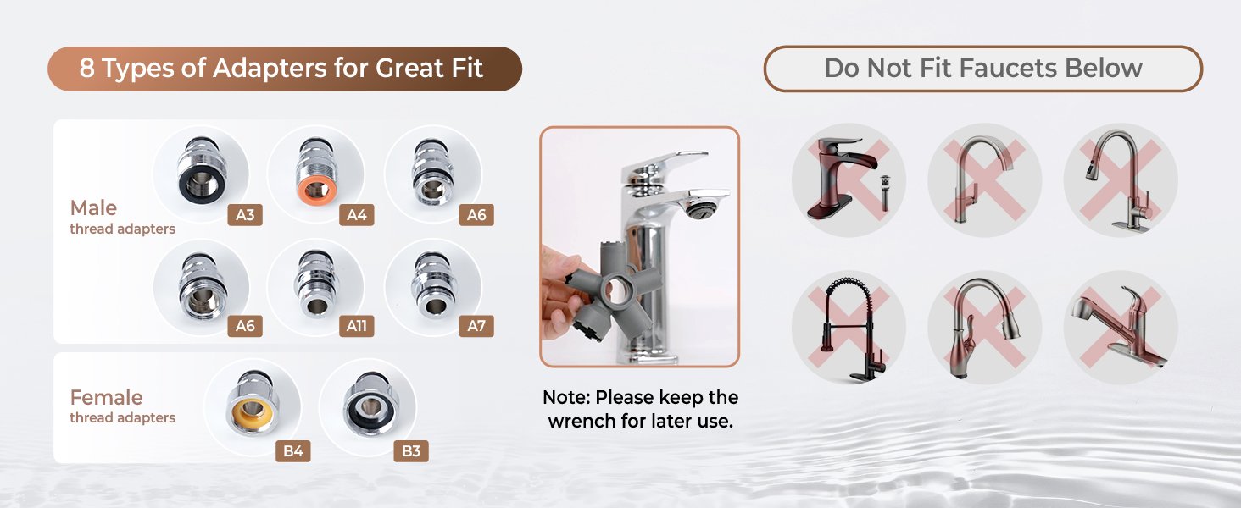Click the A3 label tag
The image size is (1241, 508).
pyautogui.click(x=245, y=215)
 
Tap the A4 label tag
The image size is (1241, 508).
pyautogui.click(x=357, y=215)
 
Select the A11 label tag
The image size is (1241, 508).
pyautogui.click(x=357, y=326)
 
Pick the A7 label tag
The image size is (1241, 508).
pyautogui.click(x=476, y=326)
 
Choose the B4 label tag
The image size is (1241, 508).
pyautogui.click(x=293, y=451)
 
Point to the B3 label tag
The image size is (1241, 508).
pyautogui.click(x=411, y=451)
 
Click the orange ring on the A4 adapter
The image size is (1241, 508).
pyautogui.click(x=317, y=190)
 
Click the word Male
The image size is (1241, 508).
pyautogui.click(x=93, y=207)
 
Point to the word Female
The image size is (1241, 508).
pyautogui.click(x=106, y=397)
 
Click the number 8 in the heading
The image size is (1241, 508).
pyautogui.click(x=87, y=68)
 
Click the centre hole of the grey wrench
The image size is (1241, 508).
pyautogui.click(x=616, y=289)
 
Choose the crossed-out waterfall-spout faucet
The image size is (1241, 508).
pyautogui.click(x=842, y=178)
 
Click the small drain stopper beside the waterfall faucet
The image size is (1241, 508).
pyautogui.click(x=885, y=192)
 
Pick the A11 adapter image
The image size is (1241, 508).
pyautogui.click(x=316, y=284)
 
